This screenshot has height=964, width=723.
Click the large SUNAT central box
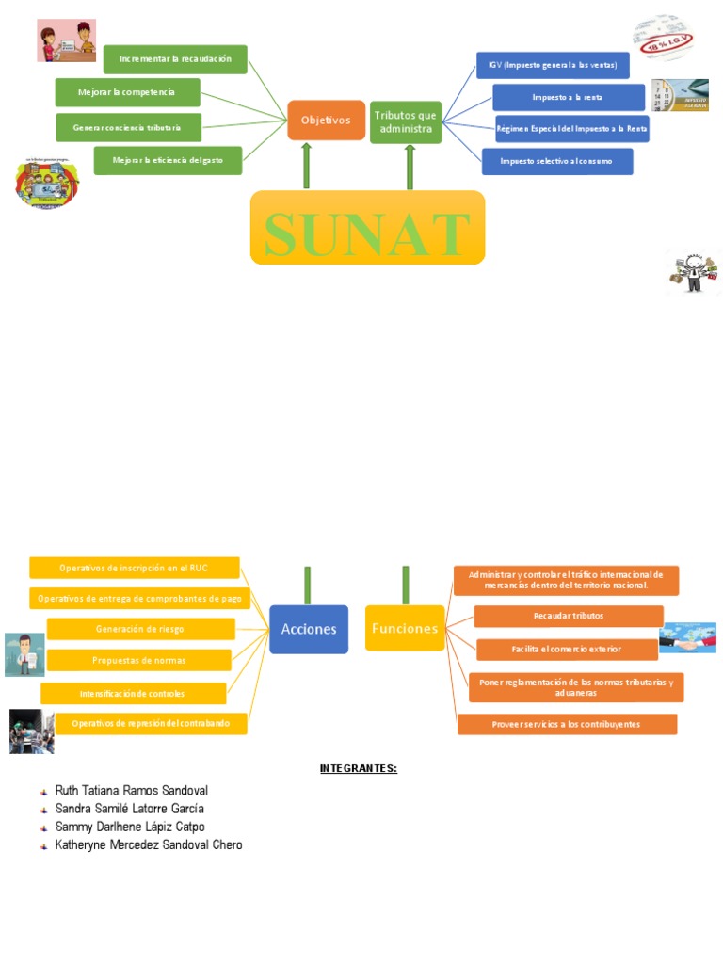click(x=367, y=227)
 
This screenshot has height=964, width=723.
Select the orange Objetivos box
click(x=326, y=120)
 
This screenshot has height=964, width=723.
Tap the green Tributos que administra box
click(x=406, y=121)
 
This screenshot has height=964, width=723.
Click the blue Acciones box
click(x=309, y=629)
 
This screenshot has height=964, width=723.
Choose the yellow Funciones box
click(x=405, y=628)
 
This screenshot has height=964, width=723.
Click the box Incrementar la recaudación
click(x=175, y=59)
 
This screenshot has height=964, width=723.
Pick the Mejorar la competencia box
click(x=127, y=92)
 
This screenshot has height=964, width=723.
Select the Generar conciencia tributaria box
click(x=126, y=127)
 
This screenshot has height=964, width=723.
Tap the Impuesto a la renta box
click(x=569, y=97)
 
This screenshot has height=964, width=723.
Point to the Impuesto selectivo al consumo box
click(x=556, y=161)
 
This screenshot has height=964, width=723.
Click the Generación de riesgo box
click(x=140, y=629)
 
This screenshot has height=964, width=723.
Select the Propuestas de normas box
click(x=139, y=660)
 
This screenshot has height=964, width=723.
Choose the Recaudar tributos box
click(x=569, y=616)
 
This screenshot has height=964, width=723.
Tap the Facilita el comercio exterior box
click(x=567, y=649)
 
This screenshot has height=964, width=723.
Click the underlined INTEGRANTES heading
click(x=359, y=769)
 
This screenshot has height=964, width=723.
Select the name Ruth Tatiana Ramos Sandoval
click(x=131, y=791)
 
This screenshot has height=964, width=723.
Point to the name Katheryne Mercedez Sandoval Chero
click(x=148, y=844)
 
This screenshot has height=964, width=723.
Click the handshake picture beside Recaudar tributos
click(x=687, y=637)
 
